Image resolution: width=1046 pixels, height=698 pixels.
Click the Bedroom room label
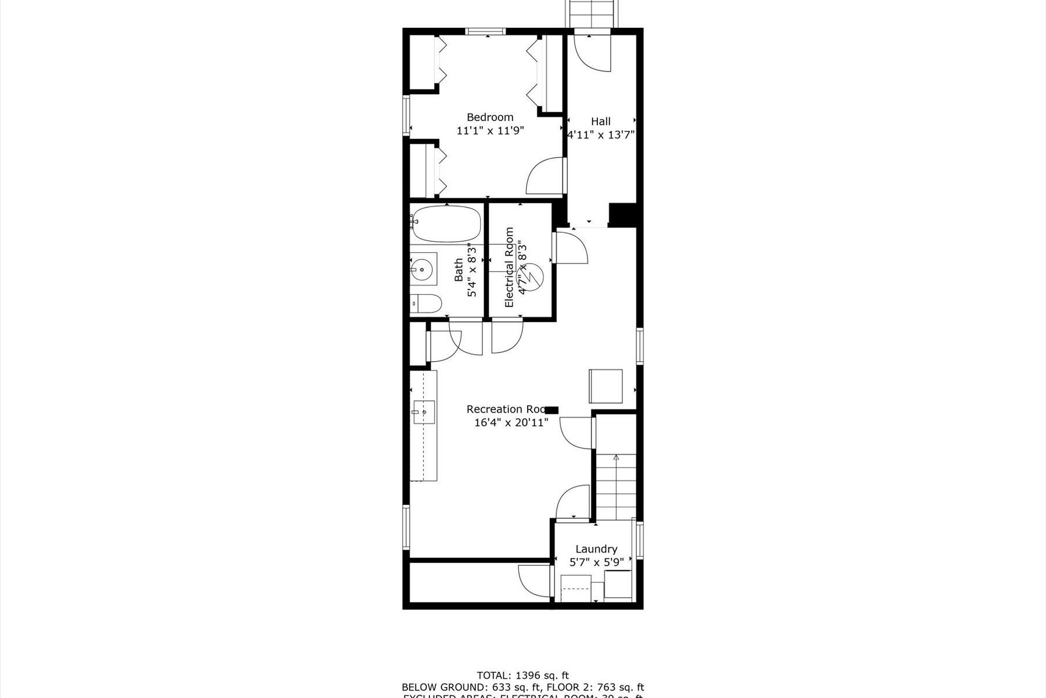click(x=490, y=117)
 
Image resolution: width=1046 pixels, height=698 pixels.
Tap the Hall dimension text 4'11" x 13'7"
click(x=601, y=134)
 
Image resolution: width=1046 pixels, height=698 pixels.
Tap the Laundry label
click(x=596, y=549)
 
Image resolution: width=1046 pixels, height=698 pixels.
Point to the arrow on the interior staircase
click(x=616, y=460)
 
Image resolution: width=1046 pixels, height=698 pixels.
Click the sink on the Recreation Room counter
click(x=424, y=412)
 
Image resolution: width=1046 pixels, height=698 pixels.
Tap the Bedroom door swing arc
click(x=543, y=176)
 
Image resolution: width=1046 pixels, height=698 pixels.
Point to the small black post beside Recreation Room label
click(x=551, y=409)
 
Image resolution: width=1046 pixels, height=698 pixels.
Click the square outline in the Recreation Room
click(x=606, y=386)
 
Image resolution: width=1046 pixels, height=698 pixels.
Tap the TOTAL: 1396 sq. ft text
click(x=522, y=675)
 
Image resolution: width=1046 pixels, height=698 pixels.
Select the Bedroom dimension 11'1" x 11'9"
click(x=490, y=131)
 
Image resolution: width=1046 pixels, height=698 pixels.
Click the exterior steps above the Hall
click(x=593, y=13)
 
